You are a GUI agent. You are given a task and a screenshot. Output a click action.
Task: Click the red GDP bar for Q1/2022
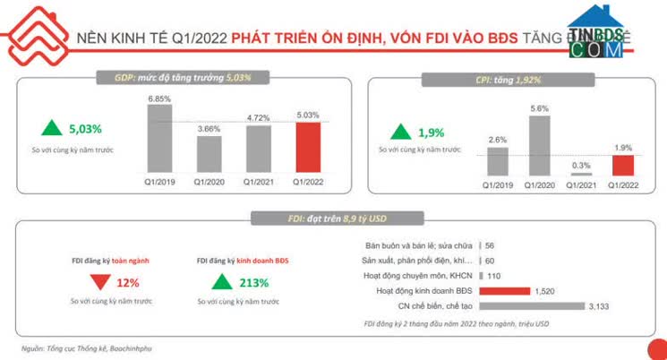[x=307, y=146]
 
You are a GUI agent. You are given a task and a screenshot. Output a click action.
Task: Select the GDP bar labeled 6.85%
[x=159, y=137]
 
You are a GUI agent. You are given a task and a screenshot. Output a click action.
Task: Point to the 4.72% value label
[x=258, y=116]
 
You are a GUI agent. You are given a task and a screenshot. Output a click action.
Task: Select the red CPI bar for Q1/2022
[x=622, y=165]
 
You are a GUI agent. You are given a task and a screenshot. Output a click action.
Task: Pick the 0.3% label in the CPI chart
[x=581, y=164]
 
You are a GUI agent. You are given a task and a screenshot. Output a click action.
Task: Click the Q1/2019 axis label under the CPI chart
[x=499, y=184]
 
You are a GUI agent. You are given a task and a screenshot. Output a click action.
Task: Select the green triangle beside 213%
[x=220, y=283]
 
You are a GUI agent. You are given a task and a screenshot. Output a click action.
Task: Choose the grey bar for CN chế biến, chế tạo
[x=532, y=305]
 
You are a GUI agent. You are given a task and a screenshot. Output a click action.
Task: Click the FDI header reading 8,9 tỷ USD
[x=336, y=218]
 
